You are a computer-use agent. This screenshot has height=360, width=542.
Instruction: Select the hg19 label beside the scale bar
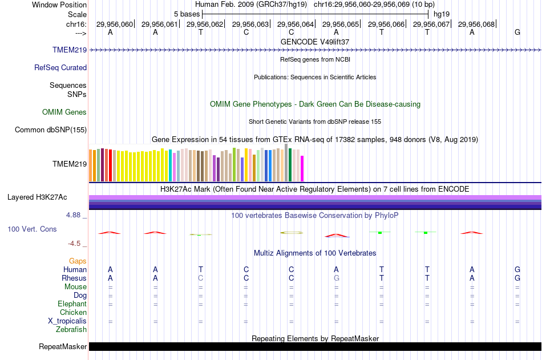tap(442, 13)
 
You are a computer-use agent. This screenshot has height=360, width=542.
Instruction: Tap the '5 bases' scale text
tap(187, 13)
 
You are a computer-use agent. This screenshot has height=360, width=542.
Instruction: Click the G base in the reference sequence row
tap(517, 32)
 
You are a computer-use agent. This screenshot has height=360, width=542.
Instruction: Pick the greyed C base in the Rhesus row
tap(200, 278)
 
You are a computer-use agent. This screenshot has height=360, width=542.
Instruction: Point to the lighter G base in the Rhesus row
tap(336, 278)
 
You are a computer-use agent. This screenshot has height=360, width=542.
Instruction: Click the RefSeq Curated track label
tap(60, 67)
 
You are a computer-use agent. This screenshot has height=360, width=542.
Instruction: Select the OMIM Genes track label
tap(64, 112)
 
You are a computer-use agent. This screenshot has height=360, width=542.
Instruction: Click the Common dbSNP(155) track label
tap(51, 130)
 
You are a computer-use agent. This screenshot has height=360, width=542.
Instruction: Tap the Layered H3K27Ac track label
tap(37, 197)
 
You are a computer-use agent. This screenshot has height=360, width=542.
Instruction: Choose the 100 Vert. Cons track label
tap(32, 229)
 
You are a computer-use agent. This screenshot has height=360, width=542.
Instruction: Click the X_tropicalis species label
tap(67, 321)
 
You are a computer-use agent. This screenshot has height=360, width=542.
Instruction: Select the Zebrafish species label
tap(71, 329)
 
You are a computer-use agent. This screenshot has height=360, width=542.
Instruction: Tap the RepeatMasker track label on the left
tap(63, 347)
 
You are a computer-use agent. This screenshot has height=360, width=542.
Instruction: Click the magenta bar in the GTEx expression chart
tap(302, 168)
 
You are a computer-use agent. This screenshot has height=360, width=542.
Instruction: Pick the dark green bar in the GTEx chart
tap(290, 165)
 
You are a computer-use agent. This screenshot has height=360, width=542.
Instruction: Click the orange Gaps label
tap(78, 261)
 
